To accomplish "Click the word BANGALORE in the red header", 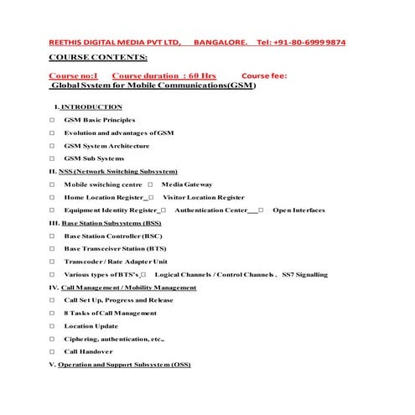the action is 220,42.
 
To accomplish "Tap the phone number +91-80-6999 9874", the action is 313,42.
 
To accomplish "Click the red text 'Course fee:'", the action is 264,75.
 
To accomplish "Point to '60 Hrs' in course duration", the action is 202,75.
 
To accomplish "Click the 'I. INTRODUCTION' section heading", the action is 88,106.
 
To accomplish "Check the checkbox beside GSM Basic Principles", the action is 52,120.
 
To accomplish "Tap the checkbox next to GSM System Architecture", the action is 52,146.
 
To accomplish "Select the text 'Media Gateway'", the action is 187,184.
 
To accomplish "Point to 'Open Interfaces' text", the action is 298,210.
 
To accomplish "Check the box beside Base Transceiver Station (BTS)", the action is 52,248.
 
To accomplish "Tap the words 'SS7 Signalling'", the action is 304,274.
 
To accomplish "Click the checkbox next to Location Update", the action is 52,325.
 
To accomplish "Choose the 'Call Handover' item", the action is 88,351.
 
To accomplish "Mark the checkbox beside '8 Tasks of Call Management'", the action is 52,313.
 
